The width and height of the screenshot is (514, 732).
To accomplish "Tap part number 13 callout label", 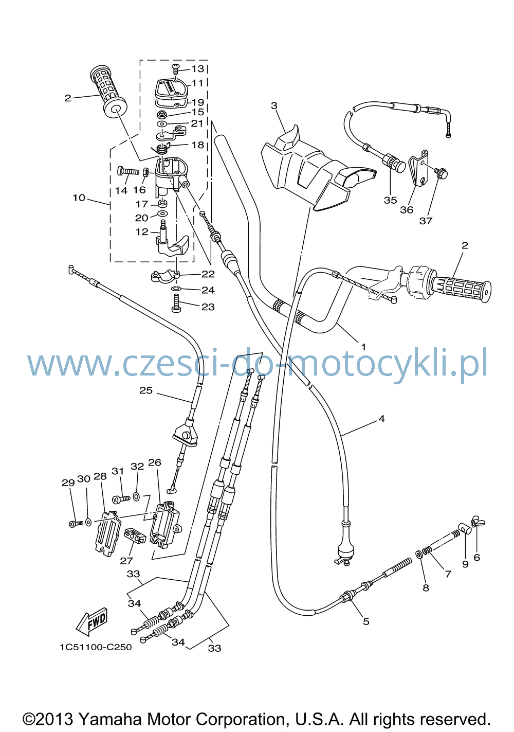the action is coord(197,68).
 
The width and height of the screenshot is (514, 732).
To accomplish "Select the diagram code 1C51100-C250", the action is coord(96,647).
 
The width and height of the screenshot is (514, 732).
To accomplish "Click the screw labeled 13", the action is coord(176,69).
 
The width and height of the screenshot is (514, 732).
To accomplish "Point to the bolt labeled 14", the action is coord(128,171).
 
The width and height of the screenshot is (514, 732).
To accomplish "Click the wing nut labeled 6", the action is coord(478,523).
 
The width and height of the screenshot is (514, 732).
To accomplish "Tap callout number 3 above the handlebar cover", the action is coord(274,105).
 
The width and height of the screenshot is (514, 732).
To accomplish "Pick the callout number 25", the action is coord(146,390).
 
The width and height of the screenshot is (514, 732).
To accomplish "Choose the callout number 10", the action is coord(79,198).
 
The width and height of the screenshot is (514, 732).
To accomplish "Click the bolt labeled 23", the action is coord(177,303).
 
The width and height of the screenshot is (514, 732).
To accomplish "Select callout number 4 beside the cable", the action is coord(382,419).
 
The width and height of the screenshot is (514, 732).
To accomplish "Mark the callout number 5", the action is coord(366,621).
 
